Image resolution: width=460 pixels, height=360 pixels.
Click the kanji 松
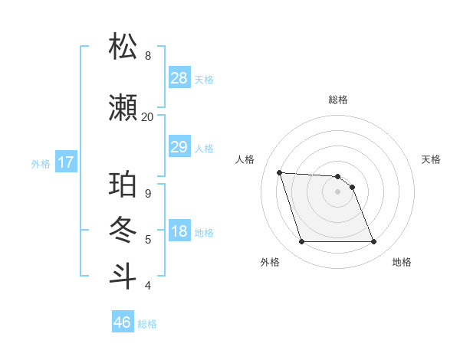point(123,47)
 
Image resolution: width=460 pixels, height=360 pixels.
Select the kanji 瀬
point(123,108)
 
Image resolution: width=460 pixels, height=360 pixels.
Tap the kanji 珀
point(123,186)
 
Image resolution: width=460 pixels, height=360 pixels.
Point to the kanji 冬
point(123,231)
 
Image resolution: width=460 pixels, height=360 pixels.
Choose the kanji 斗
point(123,276)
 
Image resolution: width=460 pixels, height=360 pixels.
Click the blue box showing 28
point(179,77)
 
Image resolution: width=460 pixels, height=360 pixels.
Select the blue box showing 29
point(179,147)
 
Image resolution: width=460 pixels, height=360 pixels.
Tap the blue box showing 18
point(179,232)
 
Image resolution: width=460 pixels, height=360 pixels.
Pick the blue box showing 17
point(65,162)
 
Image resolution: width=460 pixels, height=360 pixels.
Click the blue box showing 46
point(123,322)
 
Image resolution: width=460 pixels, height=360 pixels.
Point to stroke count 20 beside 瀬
point(147,116)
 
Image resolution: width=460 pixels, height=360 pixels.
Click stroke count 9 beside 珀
point(147,193)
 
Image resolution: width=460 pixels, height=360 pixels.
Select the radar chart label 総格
point(338,100)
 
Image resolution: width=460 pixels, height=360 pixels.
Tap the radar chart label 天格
point(432,159)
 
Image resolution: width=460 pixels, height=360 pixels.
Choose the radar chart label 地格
point(402,262)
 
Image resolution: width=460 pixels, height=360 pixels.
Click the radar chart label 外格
point(270,262)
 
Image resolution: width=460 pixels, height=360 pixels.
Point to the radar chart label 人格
point(245,159)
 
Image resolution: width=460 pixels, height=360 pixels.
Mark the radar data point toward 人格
point(279,172)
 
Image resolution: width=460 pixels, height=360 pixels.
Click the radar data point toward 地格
point(373,242)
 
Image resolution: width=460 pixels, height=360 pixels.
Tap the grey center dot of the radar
point(338,191)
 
